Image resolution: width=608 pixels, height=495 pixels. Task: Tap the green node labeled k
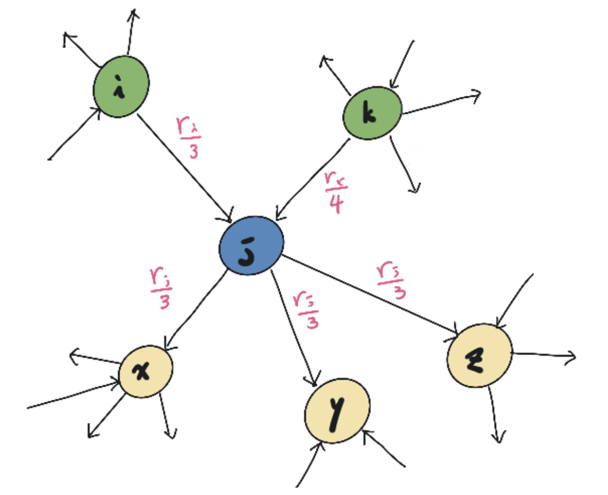tap(373, 113)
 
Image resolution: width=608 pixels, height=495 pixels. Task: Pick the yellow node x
tap(146, 371)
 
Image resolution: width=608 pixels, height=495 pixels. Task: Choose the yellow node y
tap(337, 410)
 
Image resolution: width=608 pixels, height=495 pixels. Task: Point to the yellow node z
tap(480, 355)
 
